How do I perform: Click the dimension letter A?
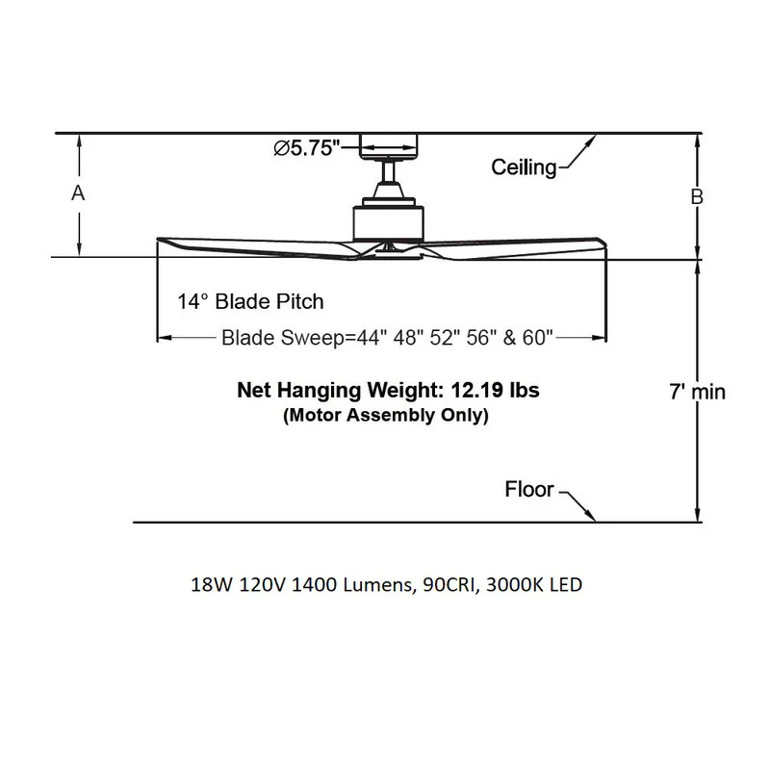click(78, 193)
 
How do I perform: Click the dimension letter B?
click(697, 196)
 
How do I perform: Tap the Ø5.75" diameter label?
click(307, 148)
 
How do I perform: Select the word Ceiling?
click(524, 167)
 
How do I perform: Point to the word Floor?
click(529, 489)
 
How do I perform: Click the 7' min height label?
click(697, 392)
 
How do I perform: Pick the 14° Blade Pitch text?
click(250, 301)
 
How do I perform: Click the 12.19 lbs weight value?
click(495, 390)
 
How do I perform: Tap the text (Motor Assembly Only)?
click(386, 415)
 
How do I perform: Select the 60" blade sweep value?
click(538, 338)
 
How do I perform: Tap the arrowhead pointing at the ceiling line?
click(590, 141)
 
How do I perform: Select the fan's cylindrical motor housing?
click(389, 223)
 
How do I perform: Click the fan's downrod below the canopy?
click(389, 171)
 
